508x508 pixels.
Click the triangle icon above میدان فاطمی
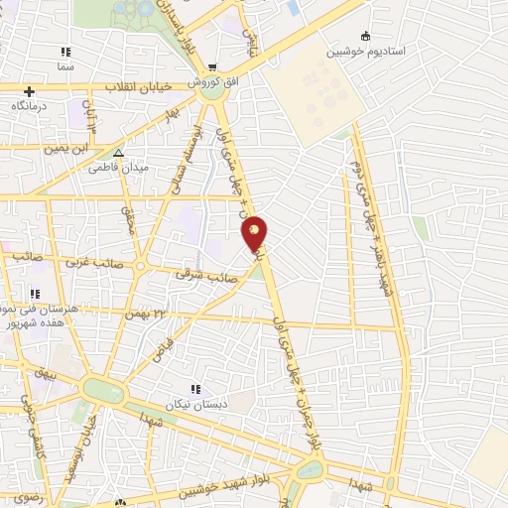click(x=118, y=154)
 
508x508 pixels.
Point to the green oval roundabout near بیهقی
click(x=102, y=390)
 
